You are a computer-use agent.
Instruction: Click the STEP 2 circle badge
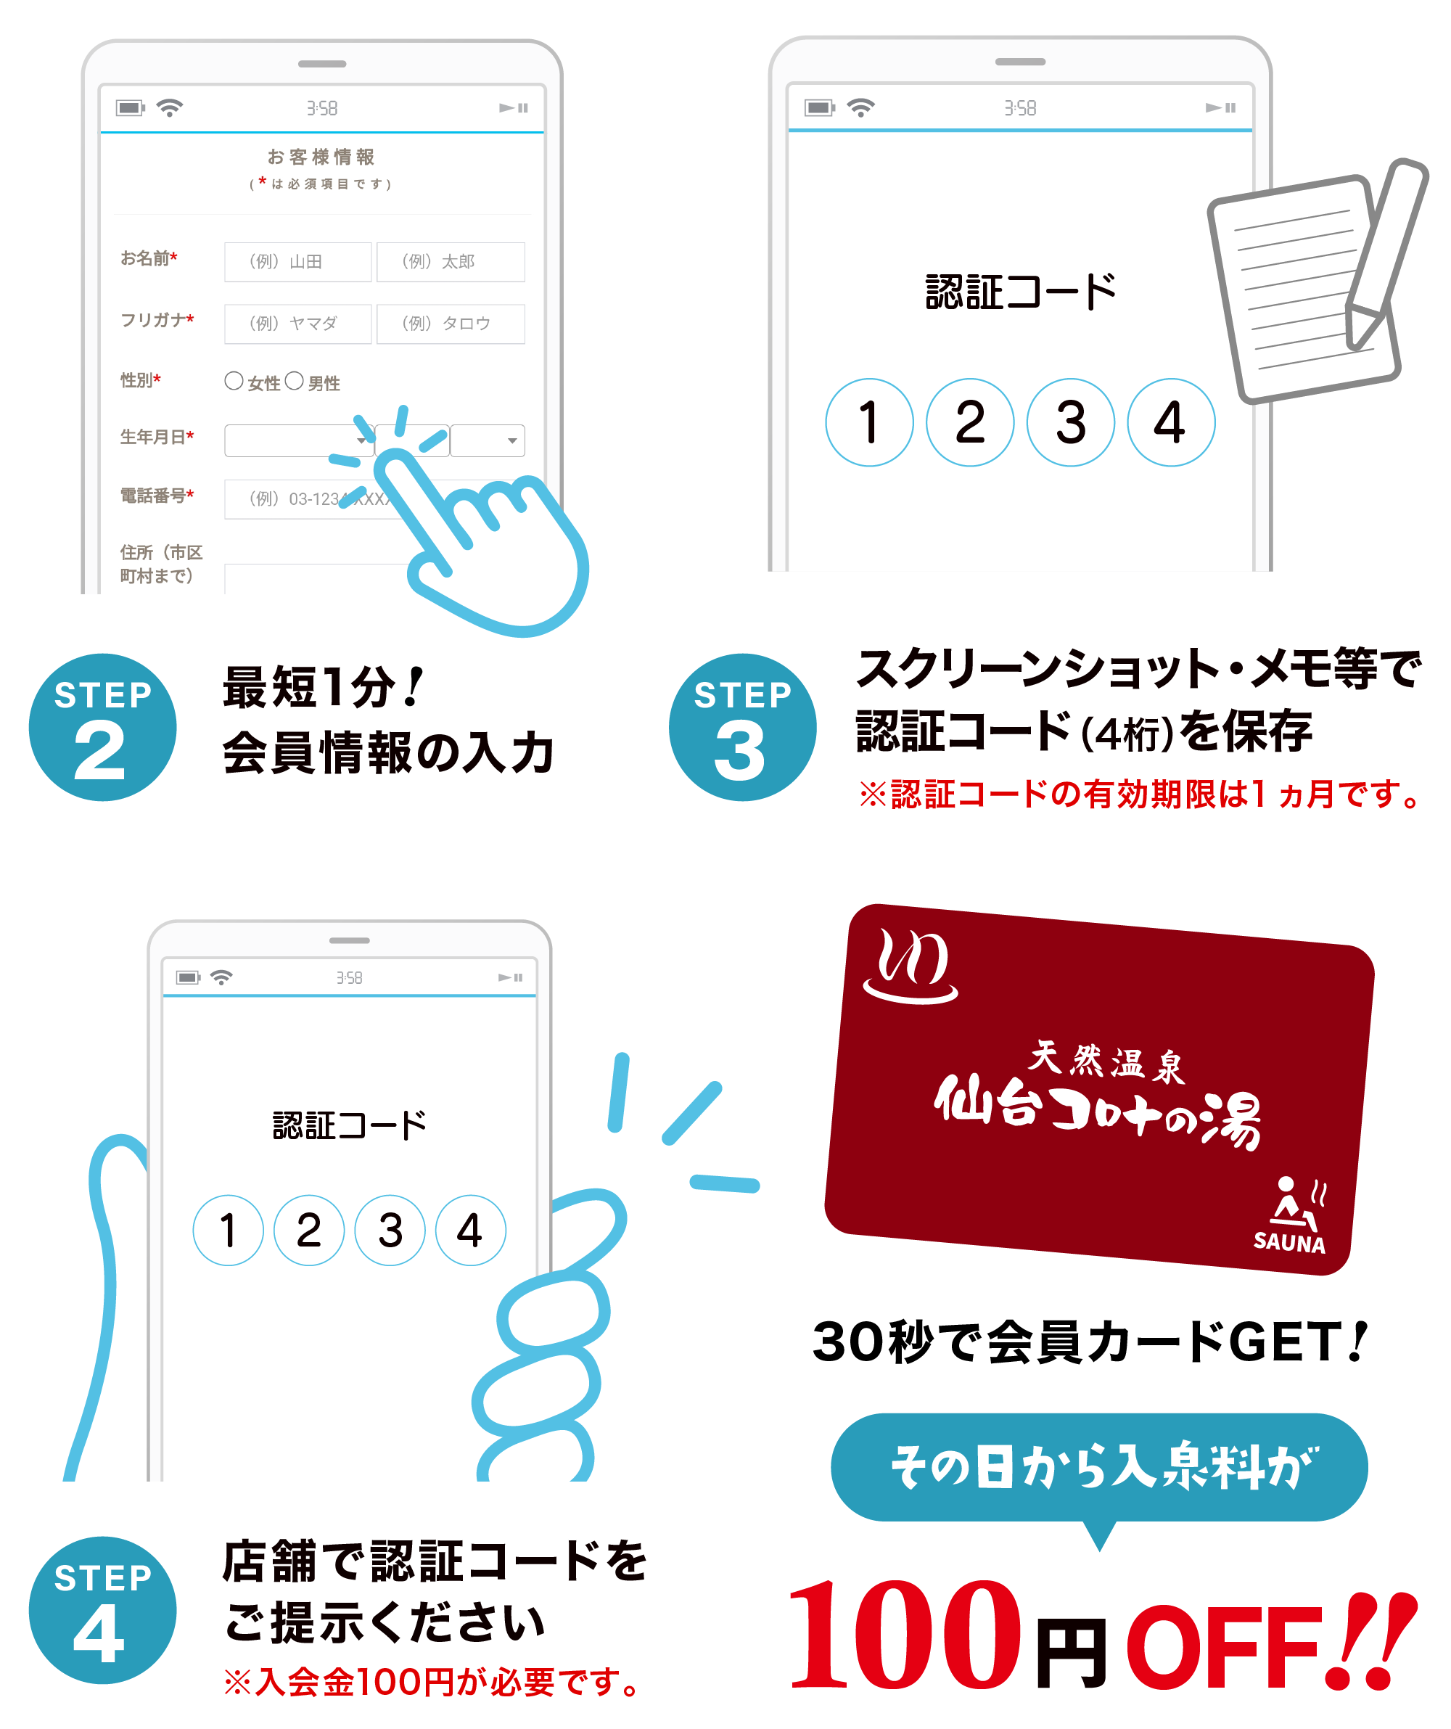coord(102,727)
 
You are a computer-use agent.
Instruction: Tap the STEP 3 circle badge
coord(742,727)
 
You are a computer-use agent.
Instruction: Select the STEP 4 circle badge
coord(102,1609)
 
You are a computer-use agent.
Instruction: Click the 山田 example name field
coord(297,262)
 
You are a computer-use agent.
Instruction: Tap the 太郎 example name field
coord(451,262)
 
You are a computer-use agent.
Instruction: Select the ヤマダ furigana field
coord(297,324)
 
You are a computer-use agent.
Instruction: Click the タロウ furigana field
coord(451,324)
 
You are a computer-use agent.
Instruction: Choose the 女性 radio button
coord(234,380)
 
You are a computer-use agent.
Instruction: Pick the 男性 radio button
coord(294,380)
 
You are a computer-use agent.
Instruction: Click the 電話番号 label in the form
coord(157,495)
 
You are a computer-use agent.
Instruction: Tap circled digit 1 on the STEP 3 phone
coord(869,422)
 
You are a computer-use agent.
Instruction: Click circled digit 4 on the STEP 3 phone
coord(1170,422)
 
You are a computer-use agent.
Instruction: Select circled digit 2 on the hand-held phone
coord(309,1230)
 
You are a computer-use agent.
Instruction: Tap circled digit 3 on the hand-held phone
coord(390,1230)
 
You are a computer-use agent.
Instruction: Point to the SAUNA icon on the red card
coord(1291,1215)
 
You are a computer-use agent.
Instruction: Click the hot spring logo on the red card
coord(911,966)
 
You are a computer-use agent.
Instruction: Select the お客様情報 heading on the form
coord(321,157)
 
